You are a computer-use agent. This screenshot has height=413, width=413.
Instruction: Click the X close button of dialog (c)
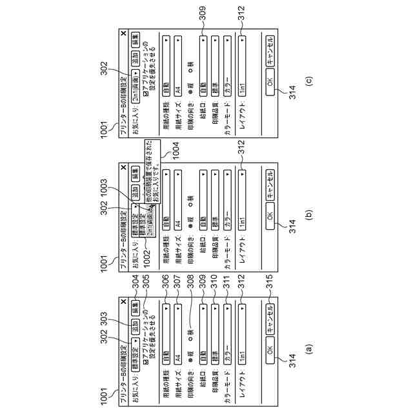123,32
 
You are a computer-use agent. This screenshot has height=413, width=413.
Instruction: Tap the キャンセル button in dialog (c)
270,50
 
